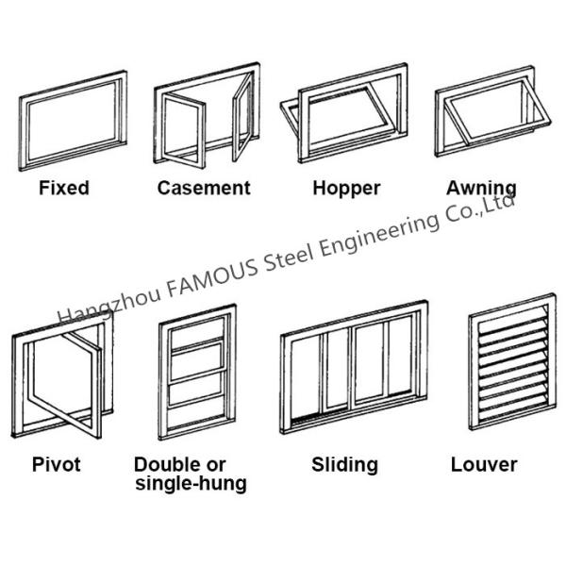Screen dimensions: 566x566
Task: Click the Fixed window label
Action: click(63, 188)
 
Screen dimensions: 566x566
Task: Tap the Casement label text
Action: click(204, 188)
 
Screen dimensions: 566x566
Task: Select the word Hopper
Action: click(346, 188)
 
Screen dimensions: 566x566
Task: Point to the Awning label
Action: click(481, 188)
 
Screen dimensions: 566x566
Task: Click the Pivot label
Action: click(56, 464)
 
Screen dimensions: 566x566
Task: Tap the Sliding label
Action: click(344, 464)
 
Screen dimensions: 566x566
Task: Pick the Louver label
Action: click(484, 464)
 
